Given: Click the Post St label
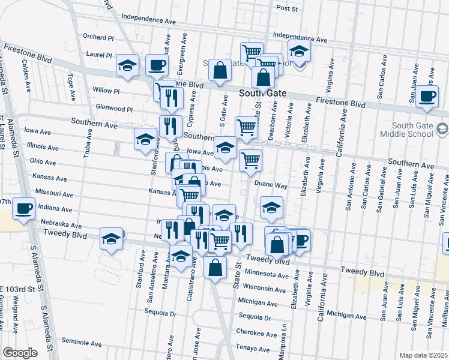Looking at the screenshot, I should click(x=287, y=8).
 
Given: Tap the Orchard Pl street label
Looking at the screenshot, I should click(x=98, y=37).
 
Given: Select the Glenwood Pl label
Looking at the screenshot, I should click(x=114, y=109).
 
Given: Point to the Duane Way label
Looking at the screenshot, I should click(x=271, y=186).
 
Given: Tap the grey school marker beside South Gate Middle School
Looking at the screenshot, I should click(x=442, y=128).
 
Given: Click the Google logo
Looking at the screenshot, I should click(x=20, y=352).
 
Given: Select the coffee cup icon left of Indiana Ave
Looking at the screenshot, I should click(x=23, y=208).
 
